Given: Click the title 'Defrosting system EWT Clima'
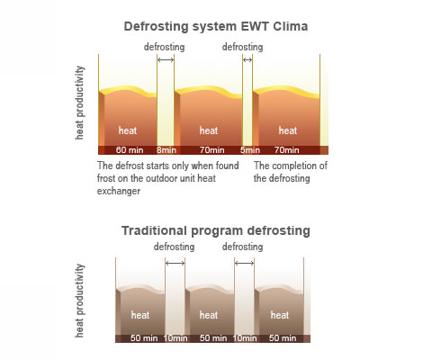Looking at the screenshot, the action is point(216,26).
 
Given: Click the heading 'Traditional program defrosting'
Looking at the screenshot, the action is point(216,231).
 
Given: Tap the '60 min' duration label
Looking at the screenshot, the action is point(130,150).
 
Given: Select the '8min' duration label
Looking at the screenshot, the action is point(166,150).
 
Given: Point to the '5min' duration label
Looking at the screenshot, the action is point(250,150).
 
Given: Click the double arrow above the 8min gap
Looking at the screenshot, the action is point(166,60).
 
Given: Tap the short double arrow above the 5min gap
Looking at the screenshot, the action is point(247,60).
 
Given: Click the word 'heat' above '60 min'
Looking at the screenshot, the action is point(128,130).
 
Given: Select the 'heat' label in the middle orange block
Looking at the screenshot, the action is point(209,130).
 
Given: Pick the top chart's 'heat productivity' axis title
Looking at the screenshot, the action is point(79,103).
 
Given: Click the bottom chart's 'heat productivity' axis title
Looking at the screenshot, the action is point(79,301).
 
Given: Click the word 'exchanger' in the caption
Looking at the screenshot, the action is point(119,191).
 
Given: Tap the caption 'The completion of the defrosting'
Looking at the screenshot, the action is point(291,172).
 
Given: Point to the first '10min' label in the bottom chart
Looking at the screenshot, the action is point(175,338).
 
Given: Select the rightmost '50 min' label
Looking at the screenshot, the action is point(283,338).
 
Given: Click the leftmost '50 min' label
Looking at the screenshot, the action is point(144,338).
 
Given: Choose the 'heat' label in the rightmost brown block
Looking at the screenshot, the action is point(280,315).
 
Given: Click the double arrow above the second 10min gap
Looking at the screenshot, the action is point(244,264).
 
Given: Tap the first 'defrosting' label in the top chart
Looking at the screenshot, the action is point(164,47).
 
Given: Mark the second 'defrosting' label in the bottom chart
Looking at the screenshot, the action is point(242,247).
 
